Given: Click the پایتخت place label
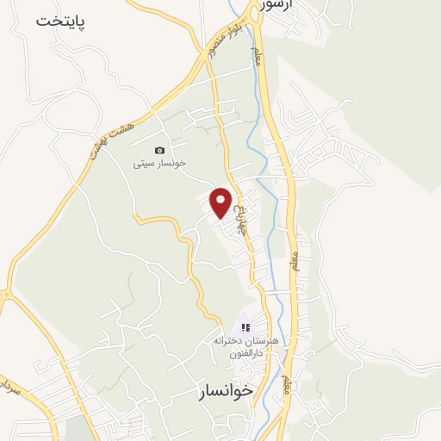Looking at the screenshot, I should click(62, 21).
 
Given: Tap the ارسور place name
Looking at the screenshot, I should click(277, 5).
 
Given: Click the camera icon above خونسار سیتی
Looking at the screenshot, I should click(159, 151).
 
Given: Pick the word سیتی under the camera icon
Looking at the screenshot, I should click(143, 162).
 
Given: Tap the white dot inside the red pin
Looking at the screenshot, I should click(220, 198).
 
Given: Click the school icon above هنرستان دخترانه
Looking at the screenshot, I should click(245, 327).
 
